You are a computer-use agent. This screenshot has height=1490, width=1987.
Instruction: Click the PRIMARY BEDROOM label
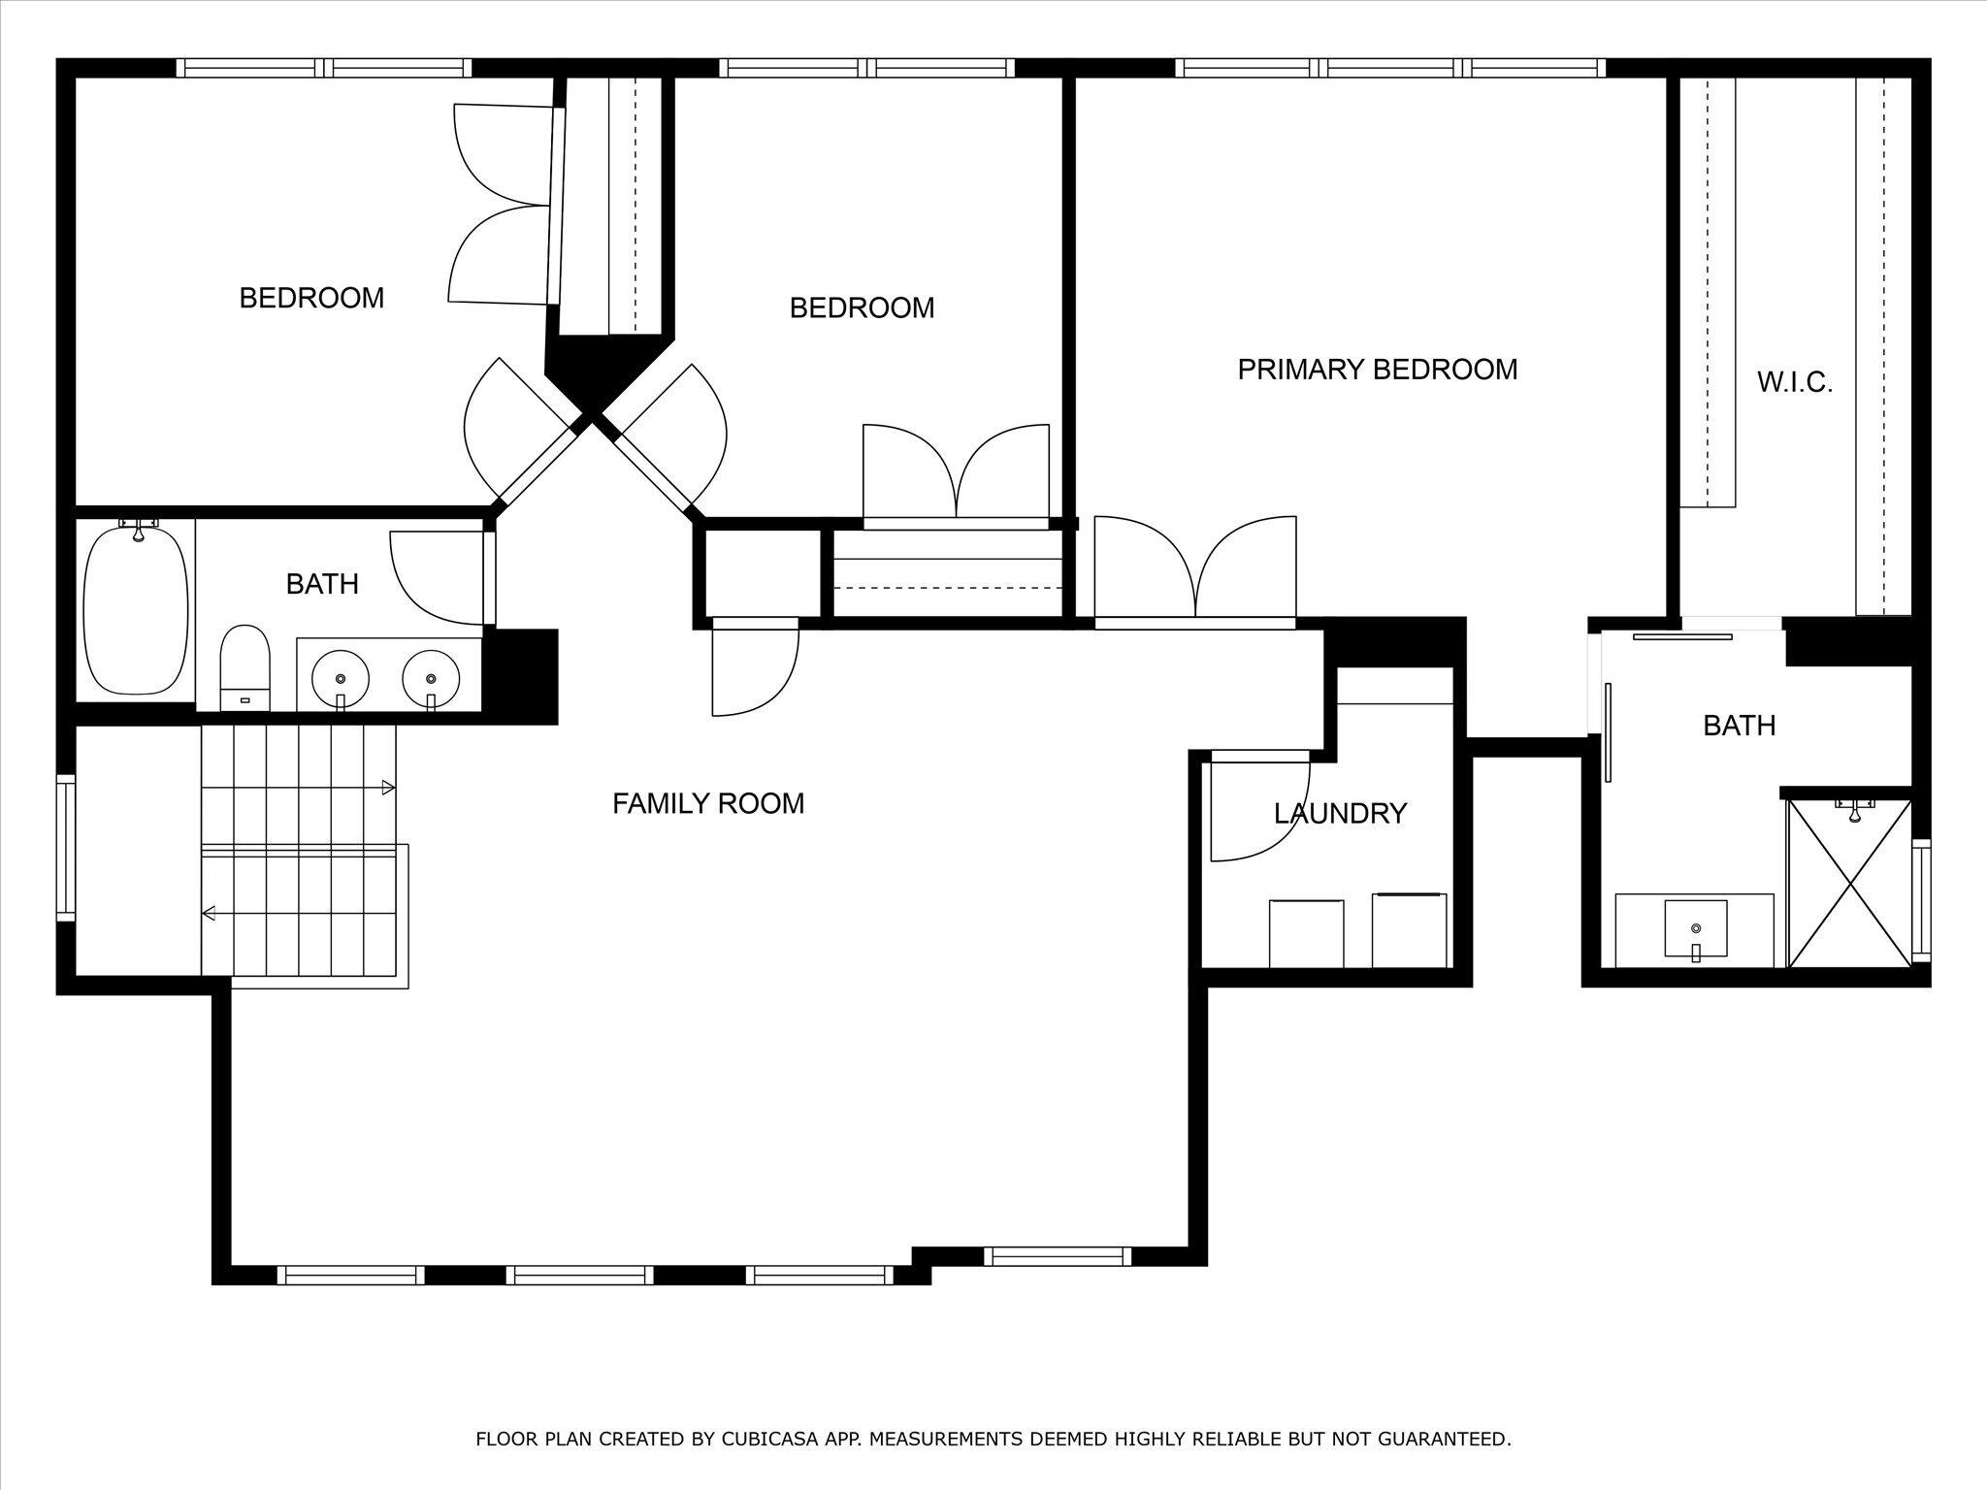1377,370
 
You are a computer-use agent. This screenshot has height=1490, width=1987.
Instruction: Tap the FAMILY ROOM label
708,803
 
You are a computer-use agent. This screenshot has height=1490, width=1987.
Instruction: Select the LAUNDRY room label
1340,813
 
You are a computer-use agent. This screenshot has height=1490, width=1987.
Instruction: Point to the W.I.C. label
1795,382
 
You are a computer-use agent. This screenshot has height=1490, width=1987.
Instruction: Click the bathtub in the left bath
136,609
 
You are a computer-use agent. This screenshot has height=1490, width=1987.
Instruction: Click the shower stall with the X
1850,883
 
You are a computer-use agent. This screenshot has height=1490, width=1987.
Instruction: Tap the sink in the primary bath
1696,929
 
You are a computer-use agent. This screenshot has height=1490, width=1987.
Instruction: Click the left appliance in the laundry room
1307,933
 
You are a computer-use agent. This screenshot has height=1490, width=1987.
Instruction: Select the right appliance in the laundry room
1410,930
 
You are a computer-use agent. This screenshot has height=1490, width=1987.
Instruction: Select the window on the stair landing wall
65,847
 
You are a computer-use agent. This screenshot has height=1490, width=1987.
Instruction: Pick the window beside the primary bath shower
1921,901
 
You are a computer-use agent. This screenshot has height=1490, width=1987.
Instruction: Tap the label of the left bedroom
311,298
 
